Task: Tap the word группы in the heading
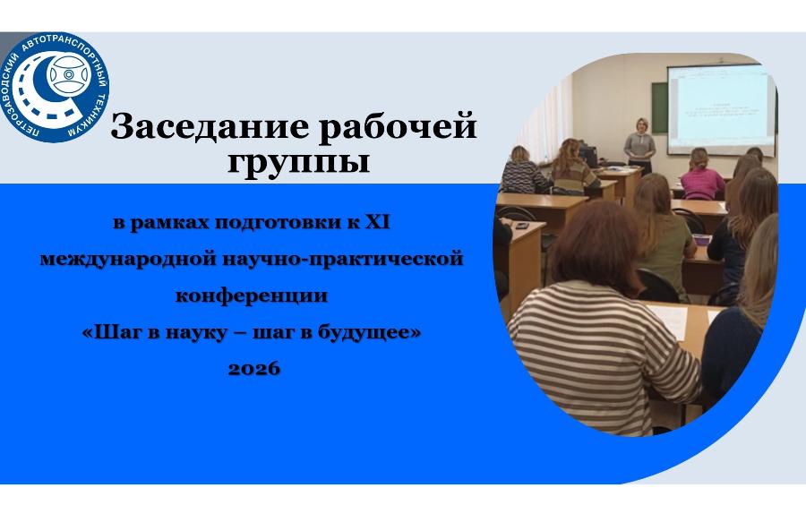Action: click(x=298, y=163)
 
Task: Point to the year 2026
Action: click(x=254, y=368)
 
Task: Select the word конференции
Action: click(x=252, y=296)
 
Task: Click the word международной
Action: click(x=128, y=259)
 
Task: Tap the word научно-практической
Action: click(x=343, y=259)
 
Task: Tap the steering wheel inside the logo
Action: click(x=69, y=74)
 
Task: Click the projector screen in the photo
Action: click(x=721, y=109)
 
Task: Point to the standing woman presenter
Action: click(x=639, y=144)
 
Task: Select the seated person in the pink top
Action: click(x=701, y=175)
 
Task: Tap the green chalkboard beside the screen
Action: click(x=659, y=108)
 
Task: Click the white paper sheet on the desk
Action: click(x=669, y=320)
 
